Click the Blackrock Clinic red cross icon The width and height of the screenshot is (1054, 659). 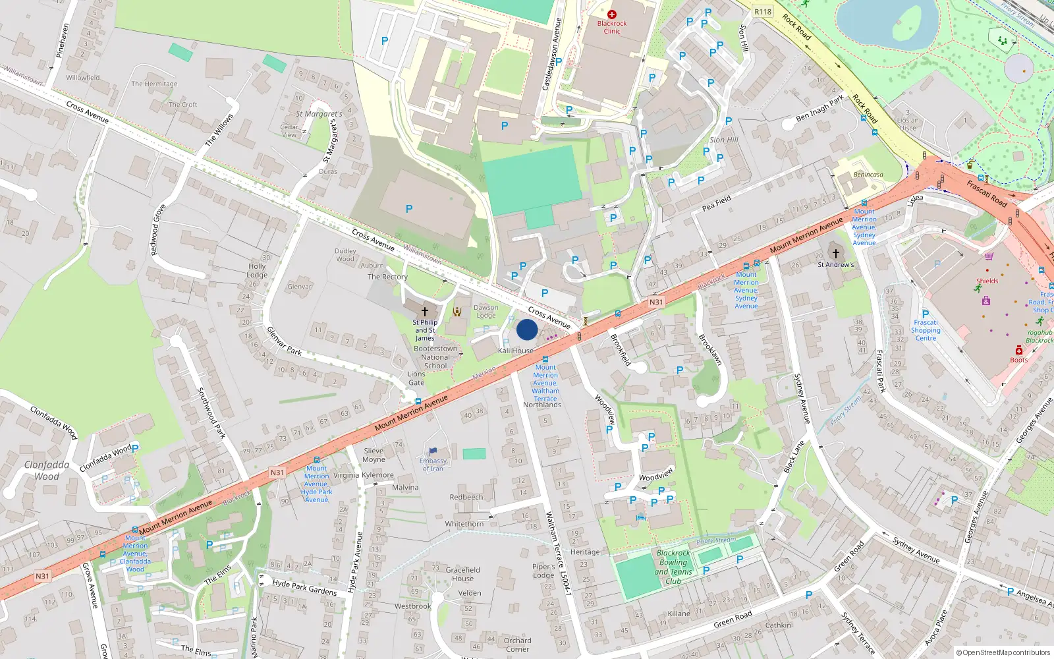(x=612, y=14)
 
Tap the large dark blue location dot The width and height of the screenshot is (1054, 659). (x=527, y=329)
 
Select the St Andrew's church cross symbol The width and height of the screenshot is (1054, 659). (x=835, y=253)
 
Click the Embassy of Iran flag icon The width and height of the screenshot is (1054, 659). (x=433, y=451)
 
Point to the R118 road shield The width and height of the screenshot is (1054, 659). (x=763, y=12)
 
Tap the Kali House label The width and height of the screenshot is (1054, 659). (x=515, y=351)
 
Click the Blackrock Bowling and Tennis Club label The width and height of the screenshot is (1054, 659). (x=673, y=567)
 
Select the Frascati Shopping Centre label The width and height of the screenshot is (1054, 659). (x=926, y=330)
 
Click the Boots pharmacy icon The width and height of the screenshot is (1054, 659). (x=1018, y=350)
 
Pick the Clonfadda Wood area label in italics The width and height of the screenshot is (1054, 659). (x=47, y=470)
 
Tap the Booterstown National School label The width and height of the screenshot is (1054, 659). (x=435, y=357)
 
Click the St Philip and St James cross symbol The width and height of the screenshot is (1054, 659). (x=425, y=311)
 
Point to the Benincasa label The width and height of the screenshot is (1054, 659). (x=868, y=175)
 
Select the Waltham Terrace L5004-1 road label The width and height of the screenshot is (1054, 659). (x=557, y=554)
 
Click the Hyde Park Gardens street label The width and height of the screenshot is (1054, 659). (x=304, y=587)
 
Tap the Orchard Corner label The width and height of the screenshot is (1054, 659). (x=517, y=645)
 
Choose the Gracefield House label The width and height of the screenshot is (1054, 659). (x=462, y=574)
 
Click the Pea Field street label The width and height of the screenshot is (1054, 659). (x=716, y=203)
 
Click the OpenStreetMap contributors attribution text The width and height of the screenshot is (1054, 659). (x=1003, y=652)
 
